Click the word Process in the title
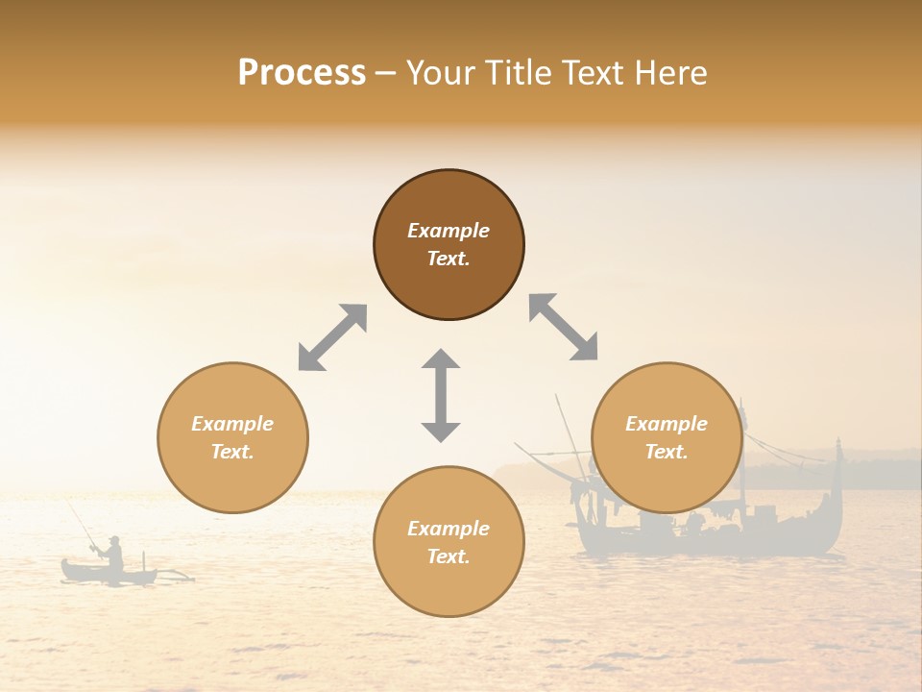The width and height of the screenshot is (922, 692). [302, 73]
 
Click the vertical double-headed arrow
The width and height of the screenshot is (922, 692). [441, 395]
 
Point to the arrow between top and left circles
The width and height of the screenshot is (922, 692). [332, 337]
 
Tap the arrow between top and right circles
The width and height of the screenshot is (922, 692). [563, 328]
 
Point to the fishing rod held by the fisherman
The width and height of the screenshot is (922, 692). [81, 524]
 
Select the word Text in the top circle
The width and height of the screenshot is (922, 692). [449, 259]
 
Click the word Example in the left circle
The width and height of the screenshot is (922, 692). [232, 424]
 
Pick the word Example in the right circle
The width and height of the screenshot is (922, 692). [667, 424]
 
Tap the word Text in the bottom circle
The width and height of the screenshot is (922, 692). [449, 556]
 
